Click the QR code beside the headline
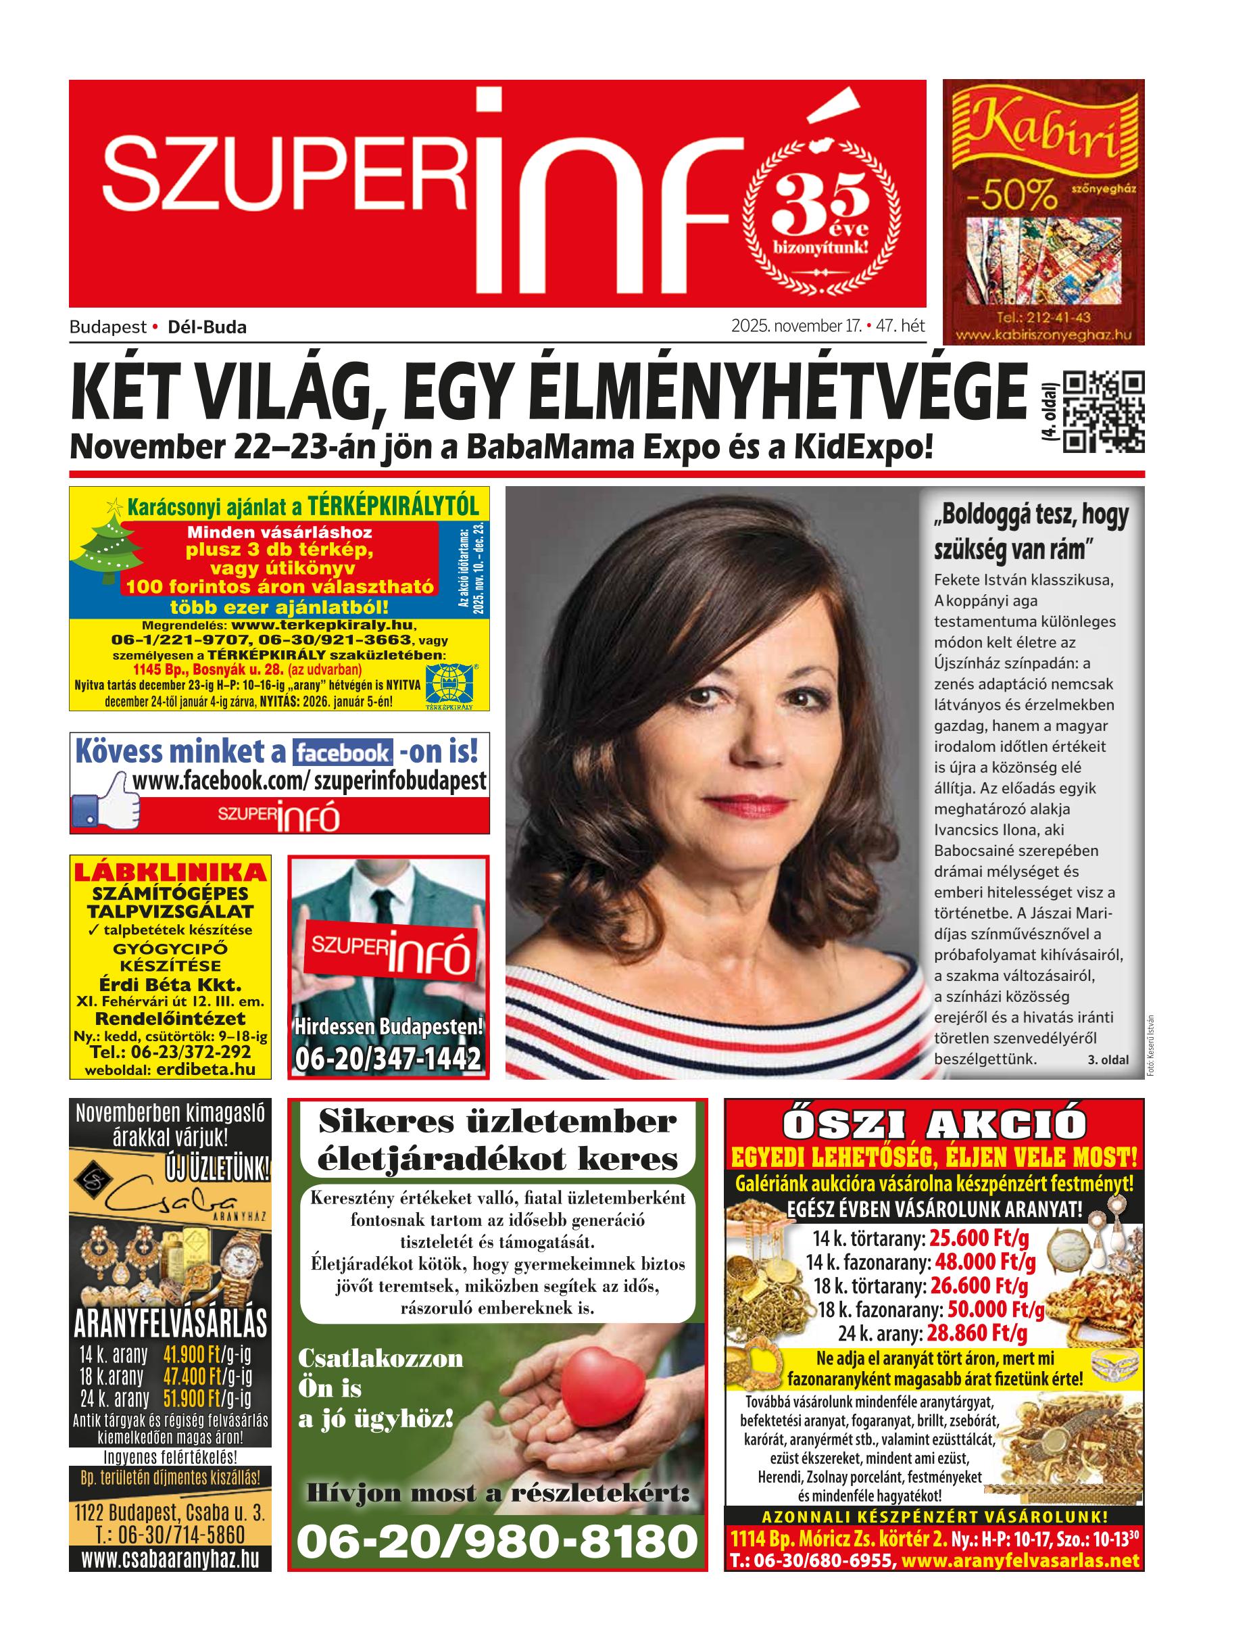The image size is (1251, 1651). (1103, 412)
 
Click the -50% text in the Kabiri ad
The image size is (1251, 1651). (1012, 197)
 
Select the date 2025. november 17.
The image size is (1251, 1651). (796, 326)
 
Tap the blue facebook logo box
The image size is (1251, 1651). (343, 752)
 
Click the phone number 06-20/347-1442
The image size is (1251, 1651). (388, 1060)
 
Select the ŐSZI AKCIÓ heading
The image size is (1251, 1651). (934, 1125)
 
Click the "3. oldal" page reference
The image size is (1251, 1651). (1108, 1060)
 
